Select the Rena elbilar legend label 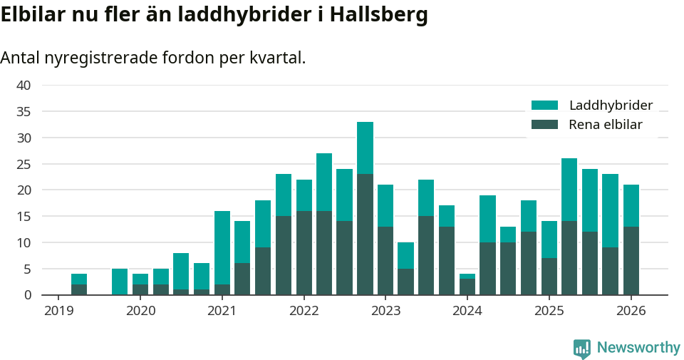(x=605, y=125)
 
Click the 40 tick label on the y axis (x=24, y=86)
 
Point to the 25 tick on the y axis (x=24, y=164)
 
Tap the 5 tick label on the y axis (x=27, y=269)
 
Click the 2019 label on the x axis (x=58, y=311)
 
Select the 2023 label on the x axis (x=385, y=311)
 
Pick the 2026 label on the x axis (x=631, y=311)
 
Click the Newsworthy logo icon (x=582, y=348)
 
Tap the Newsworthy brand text (x=638, y=348)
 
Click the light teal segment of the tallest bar (x=365, y=148)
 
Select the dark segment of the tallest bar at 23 (x=365, y=234)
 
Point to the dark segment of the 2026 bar (x=631, y=260)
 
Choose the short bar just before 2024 (x=467, y=284)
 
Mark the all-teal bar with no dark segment (x=120, y=282)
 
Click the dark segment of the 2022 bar (x=304, y=253)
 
